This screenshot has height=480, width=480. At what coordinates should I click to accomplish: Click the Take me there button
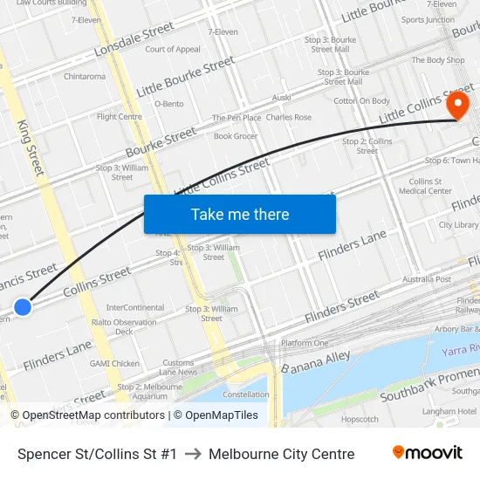tap(240, 215)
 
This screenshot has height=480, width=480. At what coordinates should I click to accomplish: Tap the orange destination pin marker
tap(457, 106)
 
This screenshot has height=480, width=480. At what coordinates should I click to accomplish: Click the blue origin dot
tap(23, 306)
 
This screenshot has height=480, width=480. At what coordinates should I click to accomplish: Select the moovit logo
tap(427, 453)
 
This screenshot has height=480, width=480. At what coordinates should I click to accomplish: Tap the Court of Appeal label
tap(172, 50)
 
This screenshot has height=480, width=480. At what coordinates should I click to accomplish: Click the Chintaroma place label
tap(85, 77)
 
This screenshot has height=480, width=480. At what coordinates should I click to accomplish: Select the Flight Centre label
tap(120, 116)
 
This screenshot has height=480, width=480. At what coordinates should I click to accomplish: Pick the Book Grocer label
tap(236, 136)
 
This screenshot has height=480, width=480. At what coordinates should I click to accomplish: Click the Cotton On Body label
tap(361, 101)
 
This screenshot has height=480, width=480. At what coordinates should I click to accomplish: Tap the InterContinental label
tap(134, 308)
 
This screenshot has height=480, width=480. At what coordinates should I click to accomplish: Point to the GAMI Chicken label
tap(114, 363)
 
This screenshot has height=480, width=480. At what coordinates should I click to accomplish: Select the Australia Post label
tap(427, 279)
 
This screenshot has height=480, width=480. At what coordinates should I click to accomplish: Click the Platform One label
tap(305, 343)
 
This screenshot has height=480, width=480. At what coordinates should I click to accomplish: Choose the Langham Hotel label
tap(449, 411)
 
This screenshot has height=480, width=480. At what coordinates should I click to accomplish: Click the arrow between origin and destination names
tap(193, 454)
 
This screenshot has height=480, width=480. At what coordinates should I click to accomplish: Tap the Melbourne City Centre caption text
tap(281, 454)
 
